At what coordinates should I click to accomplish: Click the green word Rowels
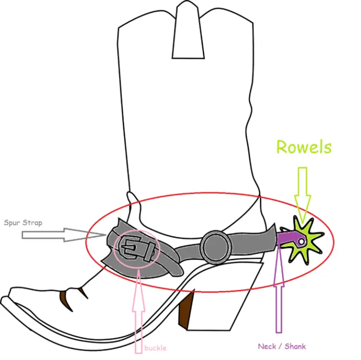pos(304,147)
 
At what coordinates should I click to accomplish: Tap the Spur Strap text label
pos(23,223)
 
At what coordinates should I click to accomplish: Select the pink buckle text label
pos(155,348)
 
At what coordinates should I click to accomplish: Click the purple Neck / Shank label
pos(282,346)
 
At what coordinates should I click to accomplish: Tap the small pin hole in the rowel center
pos(301,240)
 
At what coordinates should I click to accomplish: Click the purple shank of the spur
pos(288,238)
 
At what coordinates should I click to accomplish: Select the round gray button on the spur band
pos(215,245)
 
